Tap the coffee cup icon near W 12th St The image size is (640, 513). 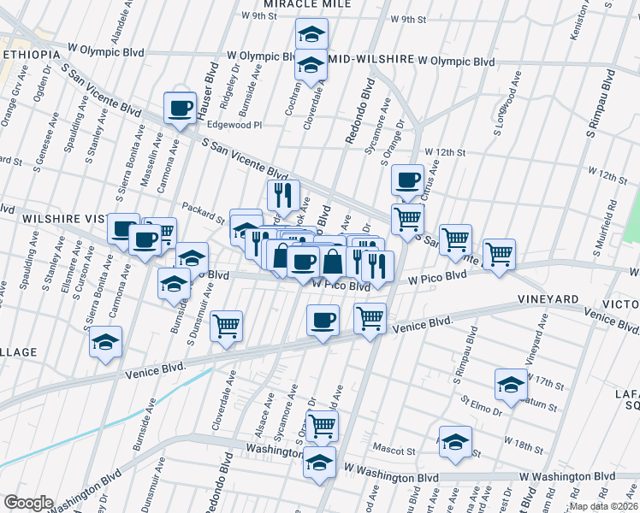pyautogui.click(x=407, y=180)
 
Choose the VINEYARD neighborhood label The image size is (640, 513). pyautogui.click(x=548, y=299)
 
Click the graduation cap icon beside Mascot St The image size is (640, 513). pyautogui.click(x=456, y=442)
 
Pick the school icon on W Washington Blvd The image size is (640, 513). pyautogui.click(x=321, y=462)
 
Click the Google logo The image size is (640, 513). pyautogui.click(x=28, y=503)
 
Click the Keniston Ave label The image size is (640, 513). pyautogui.click(x=587, y=19)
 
